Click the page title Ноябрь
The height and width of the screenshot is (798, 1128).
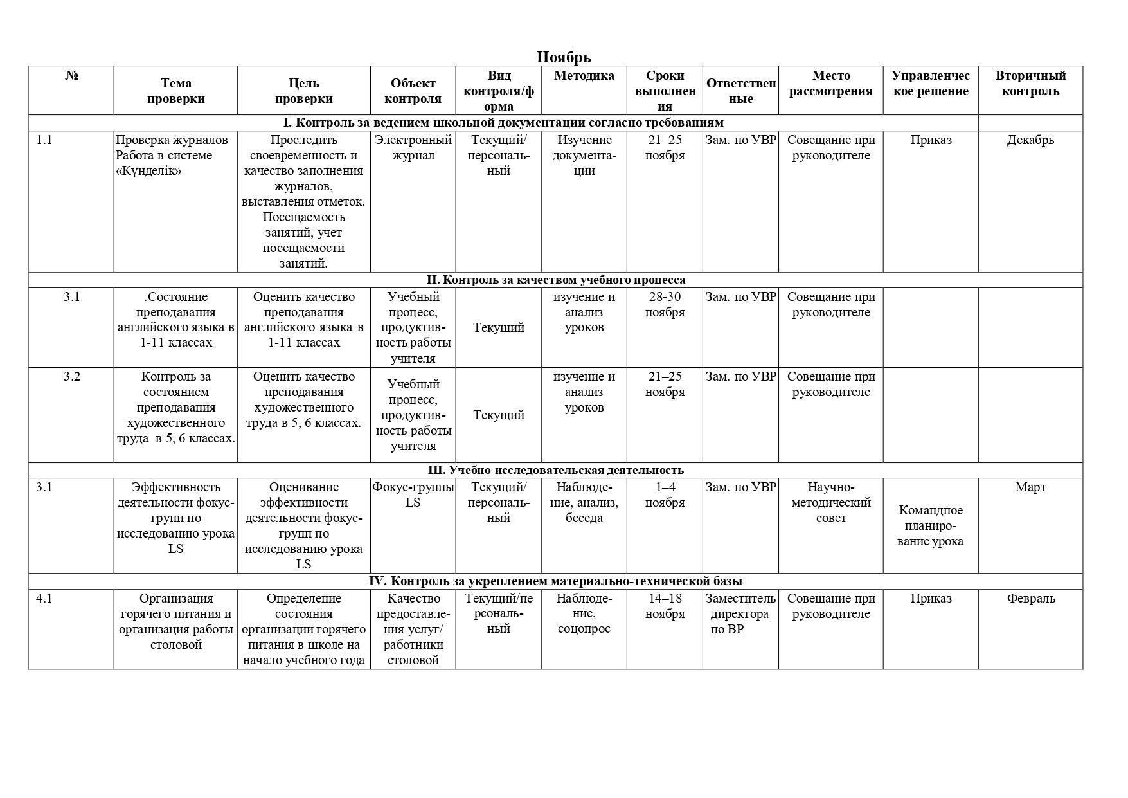click(564, 57)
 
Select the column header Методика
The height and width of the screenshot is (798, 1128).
click(584, 76)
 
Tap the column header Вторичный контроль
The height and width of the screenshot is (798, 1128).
click(1030, 84)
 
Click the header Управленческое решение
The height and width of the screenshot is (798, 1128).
click(930, 84)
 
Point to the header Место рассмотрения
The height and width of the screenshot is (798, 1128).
click(830, 84)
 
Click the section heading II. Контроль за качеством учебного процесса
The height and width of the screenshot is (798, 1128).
click(555, 280)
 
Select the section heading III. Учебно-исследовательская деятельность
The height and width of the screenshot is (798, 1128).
click(555, 470)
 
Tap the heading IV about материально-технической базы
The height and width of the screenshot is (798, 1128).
click(555, 581)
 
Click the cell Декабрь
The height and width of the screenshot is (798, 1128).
click(1030, 140)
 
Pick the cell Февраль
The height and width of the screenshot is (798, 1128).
click(1030, 599)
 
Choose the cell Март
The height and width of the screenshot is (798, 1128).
click(1030, 487)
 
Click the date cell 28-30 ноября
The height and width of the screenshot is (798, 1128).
click(665, 305)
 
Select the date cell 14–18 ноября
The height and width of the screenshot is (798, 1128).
click(665, 606)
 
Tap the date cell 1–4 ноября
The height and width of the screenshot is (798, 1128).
click(665, 495)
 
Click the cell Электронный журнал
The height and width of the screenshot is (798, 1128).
click(413, 148)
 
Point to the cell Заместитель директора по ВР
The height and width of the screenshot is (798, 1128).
click(740, 614)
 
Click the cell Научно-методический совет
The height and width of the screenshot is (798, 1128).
click(830, 503)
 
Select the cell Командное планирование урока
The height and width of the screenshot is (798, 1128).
click(930, 526)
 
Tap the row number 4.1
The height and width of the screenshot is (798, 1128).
click(44, 599)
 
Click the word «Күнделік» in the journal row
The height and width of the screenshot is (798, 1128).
click(148, 171)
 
